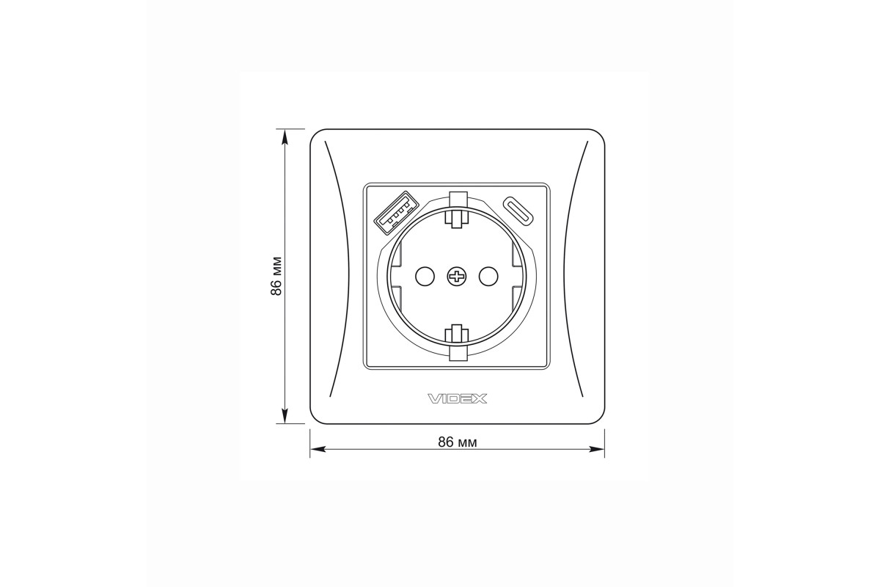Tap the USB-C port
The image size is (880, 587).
[x=518, y=211]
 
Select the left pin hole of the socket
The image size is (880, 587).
[x=425, y=276]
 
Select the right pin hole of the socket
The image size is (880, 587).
[x=488, y=276]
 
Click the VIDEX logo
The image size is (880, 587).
[x=458, y=399]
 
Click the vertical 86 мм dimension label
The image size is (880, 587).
[x=276, y=276]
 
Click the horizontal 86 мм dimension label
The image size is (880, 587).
[x=458, y=442]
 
